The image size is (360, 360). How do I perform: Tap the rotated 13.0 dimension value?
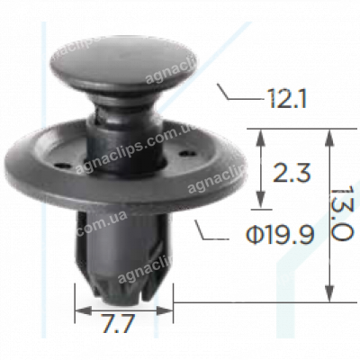341,213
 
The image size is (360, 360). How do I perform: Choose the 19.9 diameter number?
292,236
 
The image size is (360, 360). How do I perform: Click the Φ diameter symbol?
255,236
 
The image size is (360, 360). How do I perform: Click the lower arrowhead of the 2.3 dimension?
261,209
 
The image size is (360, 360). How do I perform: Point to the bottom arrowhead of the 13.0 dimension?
330,294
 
